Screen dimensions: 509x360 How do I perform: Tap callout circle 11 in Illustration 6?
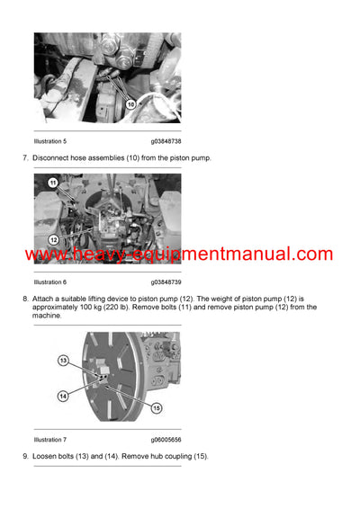click(51, 183)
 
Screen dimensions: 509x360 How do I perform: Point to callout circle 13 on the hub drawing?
click(64, 360)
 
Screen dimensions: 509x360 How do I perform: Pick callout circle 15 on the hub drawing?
click(156, 408)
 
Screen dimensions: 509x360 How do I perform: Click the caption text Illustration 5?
click(49, 141)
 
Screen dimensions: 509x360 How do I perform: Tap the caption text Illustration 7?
click(49, 440)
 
